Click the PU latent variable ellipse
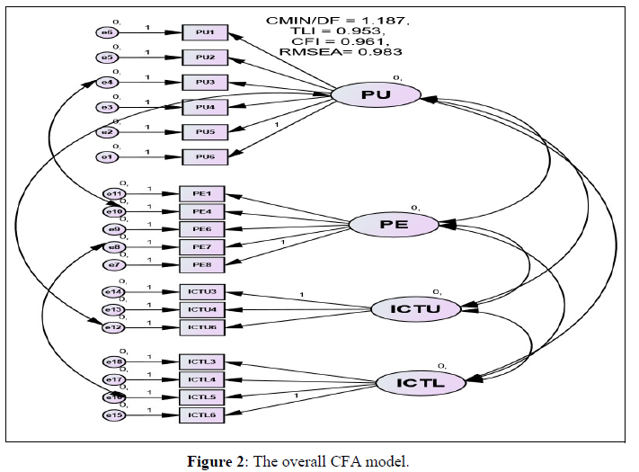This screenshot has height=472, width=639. [x=376, y=95]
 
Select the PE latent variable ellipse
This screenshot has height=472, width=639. [x=393, y=224]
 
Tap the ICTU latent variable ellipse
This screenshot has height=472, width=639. [x=415, y=308]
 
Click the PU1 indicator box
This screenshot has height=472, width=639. [x=204, y=33]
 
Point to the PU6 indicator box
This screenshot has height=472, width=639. [x=204, y=157]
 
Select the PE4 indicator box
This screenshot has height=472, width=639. [x=202, y=211]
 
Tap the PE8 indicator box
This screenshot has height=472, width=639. [x=202, y=264]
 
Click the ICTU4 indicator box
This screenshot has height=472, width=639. [x=202, y=309]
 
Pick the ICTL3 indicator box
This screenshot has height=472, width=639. [x=202, y=361]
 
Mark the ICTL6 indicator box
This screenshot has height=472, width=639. [x=202, y=414]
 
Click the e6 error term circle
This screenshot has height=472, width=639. [x=107, y=33]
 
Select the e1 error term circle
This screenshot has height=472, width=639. [x=107, y=158]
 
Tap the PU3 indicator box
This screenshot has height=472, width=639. [x=204, y=83]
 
